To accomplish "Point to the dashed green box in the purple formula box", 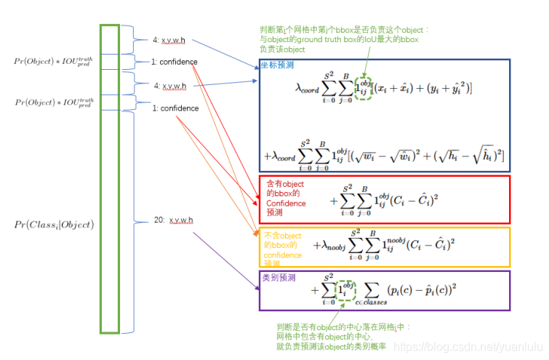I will tap(346, 289).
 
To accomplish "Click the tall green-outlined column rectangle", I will tap(109, 178).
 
